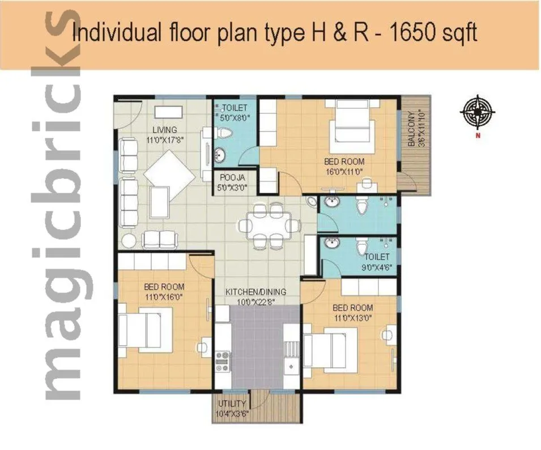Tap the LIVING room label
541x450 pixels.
pos(164,130)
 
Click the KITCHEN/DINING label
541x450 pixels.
pos(255,292)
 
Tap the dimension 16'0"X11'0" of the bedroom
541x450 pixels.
pos(344,171)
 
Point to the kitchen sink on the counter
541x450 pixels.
pos(291,366)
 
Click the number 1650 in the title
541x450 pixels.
pos(414,33)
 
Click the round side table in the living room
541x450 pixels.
pos(129,240)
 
